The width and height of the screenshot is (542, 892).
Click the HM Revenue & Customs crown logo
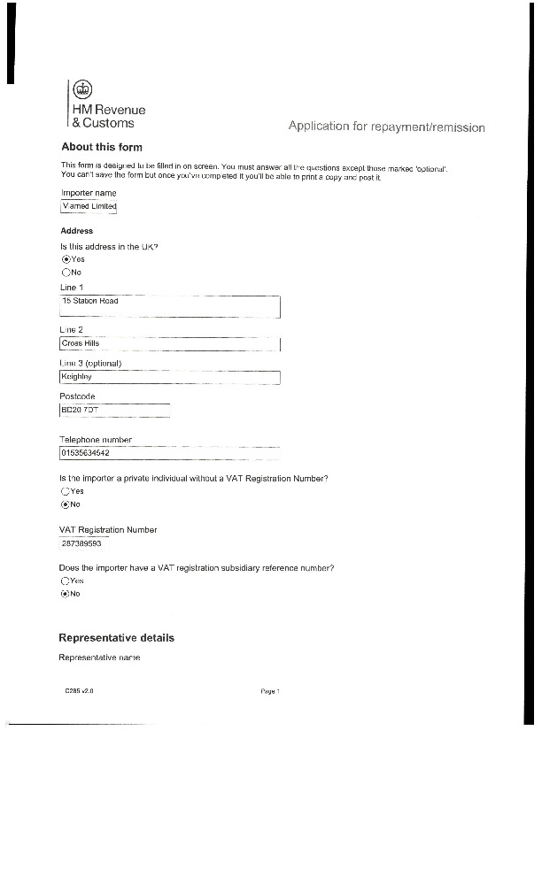82,88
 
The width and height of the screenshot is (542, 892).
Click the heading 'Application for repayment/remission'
386,127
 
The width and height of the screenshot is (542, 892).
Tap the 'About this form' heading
102,147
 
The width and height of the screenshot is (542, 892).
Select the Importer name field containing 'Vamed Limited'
88,207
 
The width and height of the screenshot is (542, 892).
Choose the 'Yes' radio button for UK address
66,259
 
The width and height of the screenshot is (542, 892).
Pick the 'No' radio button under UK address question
66,273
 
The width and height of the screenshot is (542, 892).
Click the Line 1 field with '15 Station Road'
169,306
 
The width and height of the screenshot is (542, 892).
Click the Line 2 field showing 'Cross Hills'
169,343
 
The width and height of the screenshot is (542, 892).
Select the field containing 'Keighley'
169,377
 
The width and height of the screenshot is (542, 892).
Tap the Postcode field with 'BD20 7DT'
113,411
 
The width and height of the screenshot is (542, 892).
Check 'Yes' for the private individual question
66,491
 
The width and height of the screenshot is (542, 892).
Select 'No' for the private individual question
66,504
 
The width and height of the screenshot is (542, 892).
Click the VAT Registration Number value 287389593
81,544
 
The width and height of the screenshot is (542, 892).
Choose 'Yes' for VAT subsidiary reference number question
66,581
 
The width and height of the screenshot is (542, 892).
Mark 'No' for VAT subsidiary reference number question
66,594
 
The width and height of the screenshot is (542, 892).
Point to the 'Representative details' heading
116,638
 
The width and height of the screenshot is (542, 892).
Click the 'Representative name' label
99,657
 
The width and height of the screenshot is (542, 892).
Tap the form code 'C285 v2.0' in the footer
79,692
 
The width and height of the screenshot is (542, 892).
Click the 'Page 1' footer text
270,692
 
